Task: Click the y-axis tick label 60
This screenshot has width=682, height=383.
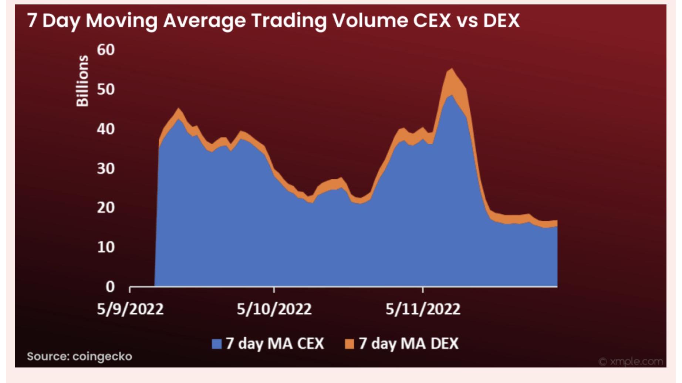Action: click(x=106, y=50)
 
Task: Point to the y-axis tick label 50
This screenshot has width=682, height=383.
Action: click(x=106, y=89)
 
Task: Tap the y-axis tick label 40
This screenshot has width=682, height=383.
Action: click(x=106, y=129)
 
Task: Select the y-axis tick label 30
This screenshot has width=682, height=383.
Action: click(x=106, y=169)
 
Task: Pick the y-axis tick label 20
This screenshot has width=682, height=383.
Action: click(x=106, y=208)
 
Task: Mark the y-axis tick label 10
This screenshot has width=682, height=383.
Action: click(x=106, y=247)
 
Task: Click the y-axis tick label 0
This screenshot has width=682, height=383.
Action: click(x=110, y=287)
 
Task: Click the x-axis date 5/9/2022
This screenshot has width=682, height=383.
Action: click(x=130, y=309)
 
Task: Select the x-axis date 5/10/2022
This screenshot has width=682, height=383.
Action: click(x=274, y=309)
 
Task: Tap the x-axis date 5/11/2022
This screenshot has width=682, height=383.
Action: click(x=423, y=309)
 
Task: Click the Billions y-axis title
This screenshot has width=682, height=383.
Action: click(x=82, y=81)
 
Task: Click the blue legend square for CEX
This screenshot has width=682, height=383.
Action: click(x=216, y=344)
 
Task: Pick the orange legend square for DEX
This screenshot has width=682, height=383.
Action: click(x=349, y=344)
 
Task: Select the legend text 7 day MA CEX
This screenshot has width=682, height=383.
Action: click(x=275, y=344)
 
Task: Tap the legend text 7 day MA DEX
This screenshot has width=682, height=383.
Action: click(x=408, y=344)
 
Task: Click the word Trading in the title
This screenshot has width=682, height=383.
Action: click(x=289, y=21)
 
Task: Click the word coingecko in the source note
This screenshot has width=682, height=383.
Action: click(x=102, y=356)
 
